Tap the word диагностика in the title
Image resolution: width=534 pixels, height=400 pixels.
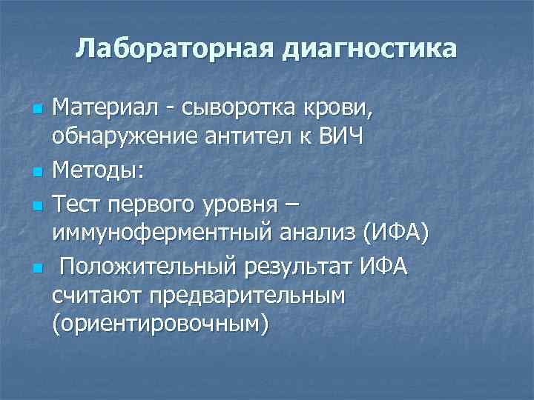(x=368, y=50)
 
